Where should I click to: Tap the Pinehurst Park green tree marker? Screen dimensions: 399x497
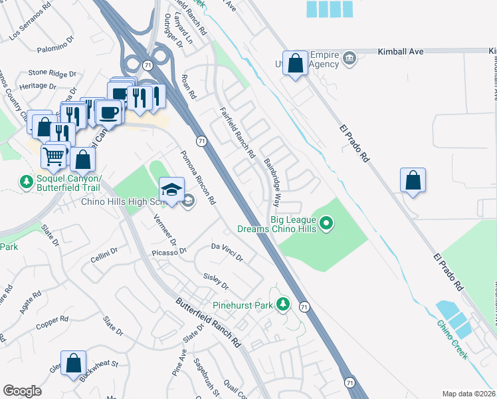tap(284, 305)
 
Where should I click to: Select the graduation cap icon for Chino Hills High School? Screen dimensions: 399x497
tap(171, 190)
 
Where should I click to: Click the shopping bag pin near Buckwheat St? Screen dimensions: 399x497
tap(74, 363)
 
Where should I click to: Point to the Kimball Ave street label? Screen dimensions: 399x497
tap(400, 51)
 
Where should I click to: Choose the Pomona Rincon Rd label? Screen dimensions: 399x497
tap(198, 177)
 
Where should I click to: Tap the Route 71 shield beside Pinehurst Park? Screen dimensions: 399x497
tap(304, 307)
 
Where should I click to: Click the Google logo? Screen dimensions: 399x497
tap(23, 391)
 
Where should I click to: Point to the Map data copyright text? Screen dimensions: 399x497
tap(469, 394)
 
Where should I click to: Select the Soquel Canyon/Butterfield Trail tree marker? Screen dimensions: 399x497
tap(26, 182)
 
